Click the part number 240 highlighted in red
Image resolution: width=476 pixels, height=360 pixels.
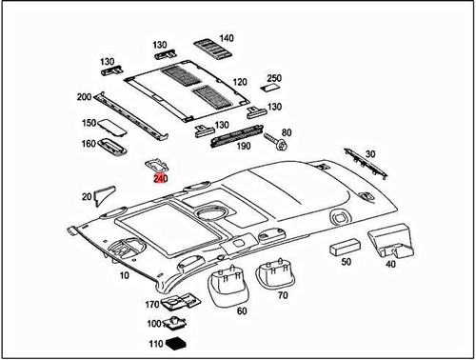click(x=160, y=177)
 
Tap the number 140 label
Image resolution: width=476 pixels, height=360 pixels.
click(x=227, y=38)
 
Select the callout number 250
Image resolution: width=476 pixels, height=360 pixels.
click(x=274, y=77)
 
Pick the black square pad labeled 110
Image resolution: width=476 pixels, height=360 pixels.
click(x=176, y=343)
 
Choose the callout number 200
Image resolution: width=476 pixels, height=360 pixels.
click(x=84, y=97)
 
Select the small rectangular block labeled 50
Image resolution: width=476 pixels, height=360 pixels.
click(x=340, y=248)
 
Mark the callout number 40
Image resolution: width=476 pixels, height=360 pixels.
click(x=390, y=264)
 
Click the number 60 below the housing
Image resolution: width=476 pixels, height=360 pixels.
click(x=240, y=310)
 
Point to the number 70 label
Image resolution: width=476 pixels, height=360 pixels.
click(x=282, y=295)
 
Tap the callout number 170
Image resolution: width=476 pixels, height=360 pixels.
click(x=151, y=305)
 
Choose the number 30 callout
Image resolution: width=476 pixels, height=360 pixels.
click(x=370, y=153)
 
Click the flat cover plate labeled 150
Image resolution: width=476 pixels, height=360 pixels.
click(x=112, y=124)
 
